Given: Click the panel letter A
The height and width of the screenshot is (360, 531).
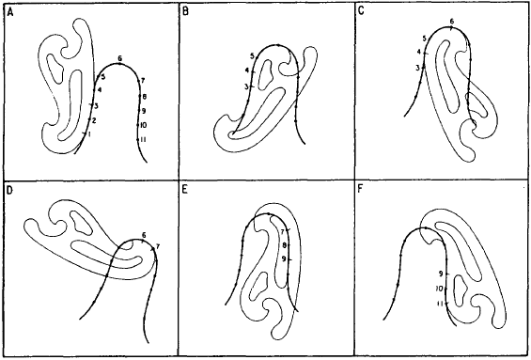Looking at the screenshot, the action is click(x=9, y=12).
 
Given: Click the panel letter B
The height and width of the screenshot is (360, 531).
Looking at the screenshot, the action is click(x=185, y=12).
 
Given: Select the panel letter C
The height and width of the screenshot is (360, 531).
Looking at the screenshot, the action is click(x=361, y=11).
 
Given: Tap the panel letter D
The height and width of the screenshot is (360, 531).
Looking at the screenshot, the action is click(x=9, y=190).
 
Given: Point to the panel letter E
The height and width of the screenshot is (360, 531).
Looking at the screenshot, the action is click(x=184, y=190).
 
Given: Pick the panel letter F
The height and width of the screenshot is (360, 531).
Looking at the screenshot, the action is click(x=361, y=190).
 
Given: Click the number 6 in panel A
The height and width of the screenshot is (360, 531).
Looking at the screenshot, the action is click(x=120, y=58).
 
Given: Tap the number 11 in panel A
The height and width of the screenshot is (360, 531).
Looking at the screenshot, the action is click(x=143, y=139).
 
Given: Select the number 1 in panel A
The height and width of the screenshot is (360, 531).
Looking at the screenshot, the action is click(x=89, y=134).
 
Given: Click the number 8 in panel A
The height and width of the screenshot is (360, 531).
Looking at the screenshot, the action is click(x=145, y=97).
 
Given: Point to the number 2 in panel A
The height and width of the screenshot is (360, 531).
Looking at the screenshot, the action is click(x=94, y=120).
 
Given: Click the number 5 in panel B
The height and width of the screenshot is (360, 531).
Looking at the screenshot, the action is click(x=252, y=56).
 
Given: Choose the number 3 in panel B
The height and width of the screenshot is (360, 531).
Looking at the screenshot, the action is click(x=246, y=87).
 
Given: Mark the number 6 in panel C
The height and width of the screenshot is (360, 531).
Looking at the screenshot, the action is click(x=452, y=22).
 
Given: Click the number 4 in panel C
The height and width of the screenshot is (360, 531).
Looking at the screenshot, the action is click(x=419, y=52).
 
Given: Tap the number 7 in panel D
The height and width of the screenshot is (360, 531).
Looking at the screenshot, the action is click(x=158, y=246).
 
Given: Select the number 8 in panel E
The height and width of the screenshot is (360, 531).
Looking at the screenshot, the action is click(x=285, y=244).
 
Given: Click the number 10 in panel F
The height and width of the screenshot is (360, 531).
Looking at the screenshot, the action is click(x=440, y=289).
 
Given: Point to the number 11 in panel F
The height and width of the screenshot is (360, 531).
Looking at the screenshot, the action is click(x=440, y=304).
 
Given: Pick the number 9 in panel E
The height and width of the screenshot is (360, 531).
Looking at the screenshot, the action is click(x=284, y=259).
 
